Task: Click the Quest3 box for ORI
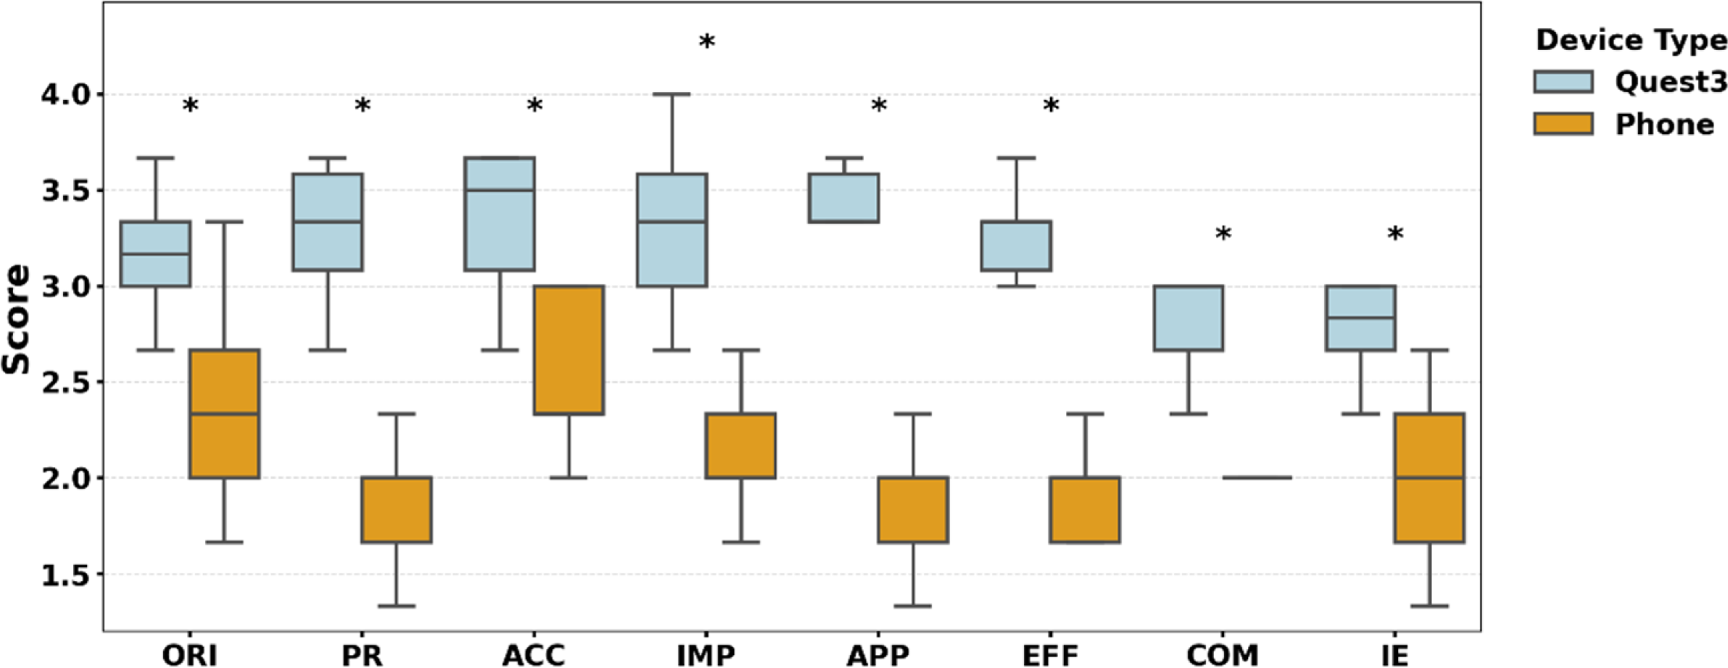[155, 254]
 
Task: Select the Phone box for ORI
[224, 413]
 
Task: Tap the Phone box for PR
[397, 509]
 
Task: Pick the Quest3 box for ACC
[500, 213]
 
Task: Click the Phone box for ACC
[569, 350]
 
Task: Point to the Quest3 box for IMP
[671, 230]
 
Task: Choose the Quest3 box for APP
[844, 197]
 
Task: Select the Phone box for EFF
[1085, 509]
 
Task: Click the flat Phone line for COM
[1257, 478]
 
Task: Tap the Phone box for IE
[1429, 477]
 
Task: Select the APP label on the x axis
[878, 655]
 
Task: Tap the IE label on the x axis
[1394, 655]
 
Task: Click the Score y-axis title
[16, 319]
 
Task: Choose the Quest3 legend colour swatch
[1563, 82]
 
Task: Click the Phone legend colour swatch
[1563, 124]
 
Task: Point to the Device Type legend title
[1631, 41]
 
